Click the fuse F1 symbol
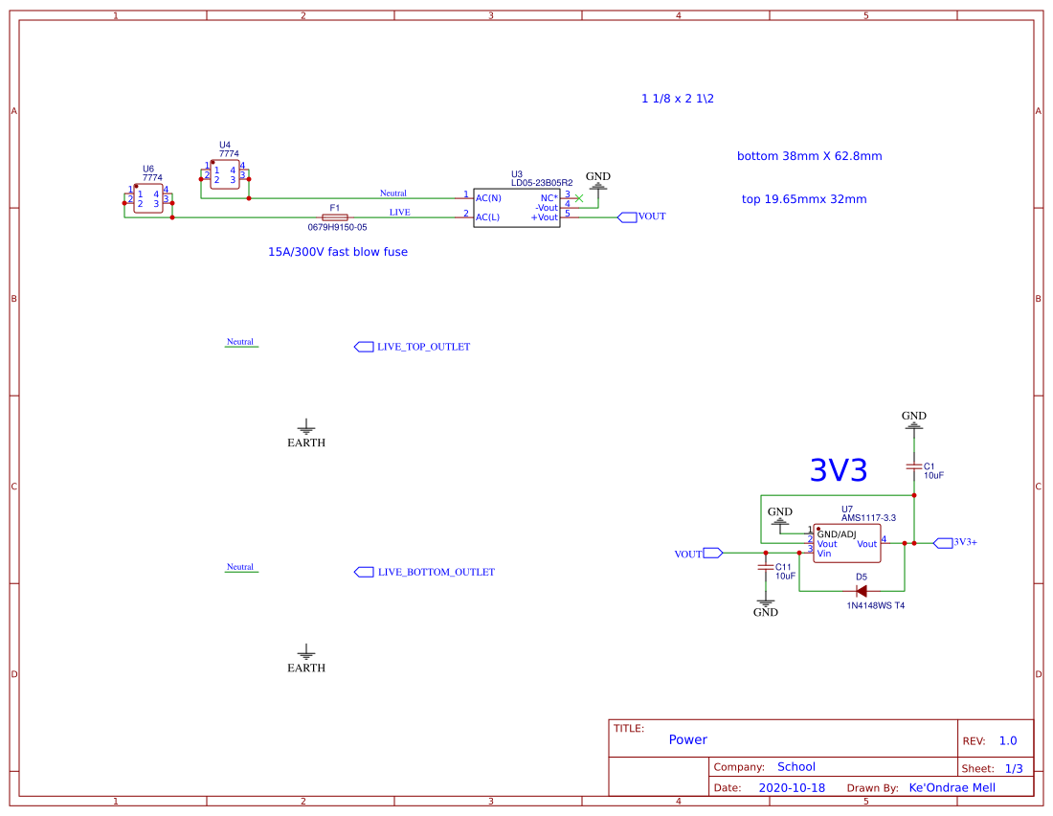pyautogui.click(x=334, y=217)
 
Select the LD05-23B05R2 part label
pyautogui.click(x=542, y=182)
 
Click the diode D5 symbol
pyautogui.click(x=862, y=591)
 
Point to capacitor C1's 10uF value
pyautogui.click(x=934, y=475)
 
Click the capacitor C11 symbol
pyautogui.click(x=765, y=568)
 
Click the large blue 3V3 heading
pyautogui.click(x=839, y=470)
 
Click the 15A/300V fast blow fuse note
pyautogui.click(x=338, y=252)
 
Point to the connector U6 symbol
pyautogui.click(x=148, y=199)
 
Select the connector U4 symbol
pyautogui.click(x=224, y=174)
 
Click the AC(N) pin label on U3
pyautogui.click(x=488, y=198)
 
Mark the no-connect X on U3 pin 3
pyautogui.click(x=578, y=197)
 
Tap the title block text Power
pyautogui.click(x=687, y=739)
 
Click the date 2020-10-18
pyautogui.click(x=792, y=787)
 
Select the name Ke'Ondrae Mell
pyautogui.click(x=952, y=787)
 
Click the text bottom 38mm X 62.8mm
pyautogui.click(x=809, y=156)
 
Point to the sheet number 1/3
pyautogui.click(x=1014, y=768)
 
